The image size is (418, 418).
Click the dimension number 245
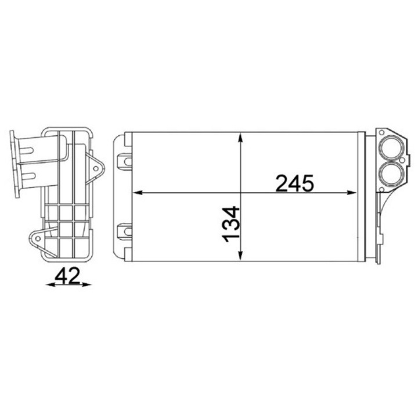294,183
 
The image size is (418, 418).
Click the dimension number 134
231,224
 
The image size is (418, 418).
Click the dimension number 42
67,276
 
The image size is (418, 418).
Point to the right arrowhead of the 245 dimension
351,193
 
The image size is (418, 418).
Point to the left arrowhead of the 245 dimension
138,193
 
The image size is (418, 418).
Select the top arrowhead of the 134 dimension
240,139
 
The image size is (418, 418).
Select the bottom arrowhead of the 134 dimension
240,254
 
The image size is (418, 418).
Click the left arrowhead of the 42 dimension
51,285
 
